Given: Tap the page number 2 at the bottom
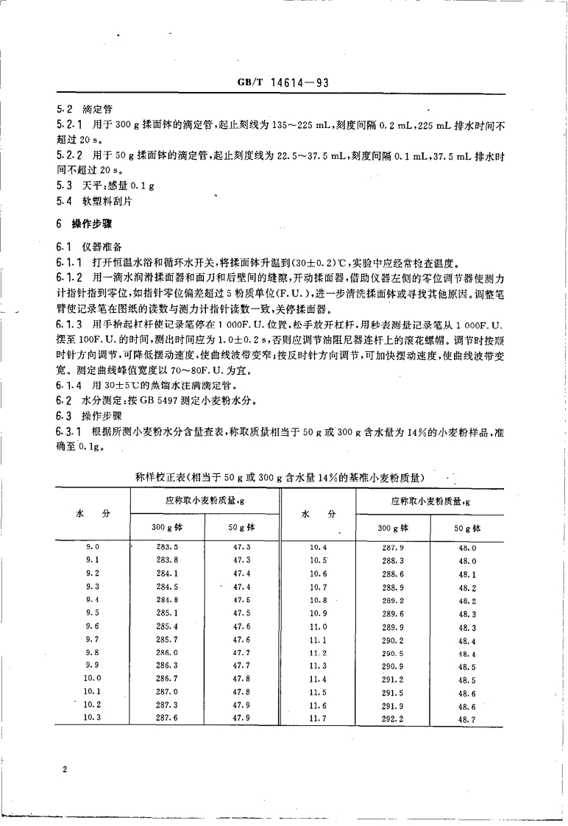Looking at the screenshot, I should pos(65,770).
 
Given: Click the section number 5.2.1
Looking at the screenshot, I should pos(69,125).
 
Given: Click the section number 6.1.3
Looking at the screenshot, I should pos(69,323).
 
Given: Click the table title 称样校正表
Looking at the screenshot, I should pos(285,477).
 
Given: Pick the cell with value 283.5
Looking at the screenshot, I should pos(168,546).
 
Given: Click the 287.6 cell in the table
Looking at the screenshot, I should pos(168,718).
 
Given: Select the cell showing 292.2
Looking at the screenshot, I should pos(394,718).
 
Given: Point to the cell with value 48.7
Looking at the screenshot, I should pos(467,719).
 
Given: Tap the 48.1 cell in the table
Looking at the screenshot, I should pos(467,574).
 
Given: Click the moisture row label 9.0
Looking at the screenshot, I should pos(93,546).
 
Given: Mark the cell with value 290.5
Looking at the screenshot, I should pos(394,652).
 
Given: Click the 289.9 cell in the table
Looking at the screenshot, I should pos(394,626).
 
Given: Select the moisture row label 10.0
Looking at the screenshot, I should pos(92,677).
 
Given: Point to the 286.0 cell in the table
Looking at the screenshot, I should pos(168,652).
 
